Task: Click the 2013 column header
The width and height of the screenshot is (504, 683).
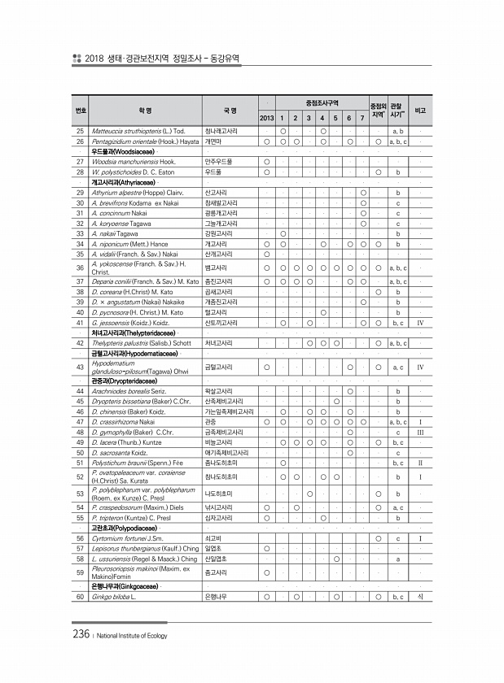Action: (x=266, y=119)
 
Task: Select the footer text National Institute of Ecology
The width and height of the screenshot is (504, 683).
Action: (x=132, y=636)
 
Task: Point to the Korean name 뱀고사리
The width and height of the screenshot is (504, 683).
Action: (x=217, y=268)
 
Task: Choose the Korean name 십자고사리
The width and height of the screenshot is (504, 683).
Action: (x=220, y=517)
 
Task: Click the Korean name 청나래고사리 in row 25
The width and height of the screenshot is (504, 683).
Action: (x=221, y=131)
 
